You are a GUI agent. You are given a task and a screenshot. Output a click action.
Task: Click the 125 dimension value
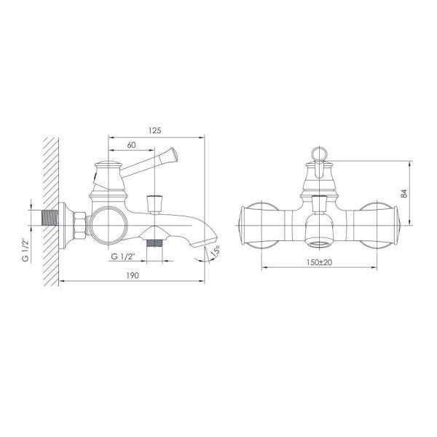[x=154, y=130]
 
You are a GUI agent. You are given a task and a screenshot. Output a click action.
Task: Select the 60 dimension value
[x=131, y=145]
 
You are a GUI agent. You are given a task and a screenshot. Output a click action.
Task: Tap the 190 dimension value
[x=133, y=275]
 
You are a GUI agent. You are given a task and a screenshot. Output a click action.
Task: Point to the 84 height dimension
[x=404, y=194]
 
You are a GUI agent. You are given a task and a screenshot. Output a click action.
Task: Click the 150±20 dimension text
[x=319, y=262]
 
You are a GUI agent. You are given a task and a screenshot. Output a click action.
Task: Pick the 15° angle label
[x=216, y=251]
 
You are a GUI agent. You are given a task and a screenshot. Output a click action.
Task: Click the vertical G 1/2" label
[x=25, y=250]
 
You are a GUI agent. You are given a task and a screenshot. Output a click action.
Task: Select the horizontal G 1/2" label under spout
[x=123, y=256]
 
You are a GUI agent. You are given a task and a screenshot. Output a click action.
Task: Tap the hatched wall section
[x=51, y=211]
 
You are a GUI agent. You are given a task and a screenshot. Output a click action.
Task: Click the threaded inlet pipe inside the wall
[x=50, y=218]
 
